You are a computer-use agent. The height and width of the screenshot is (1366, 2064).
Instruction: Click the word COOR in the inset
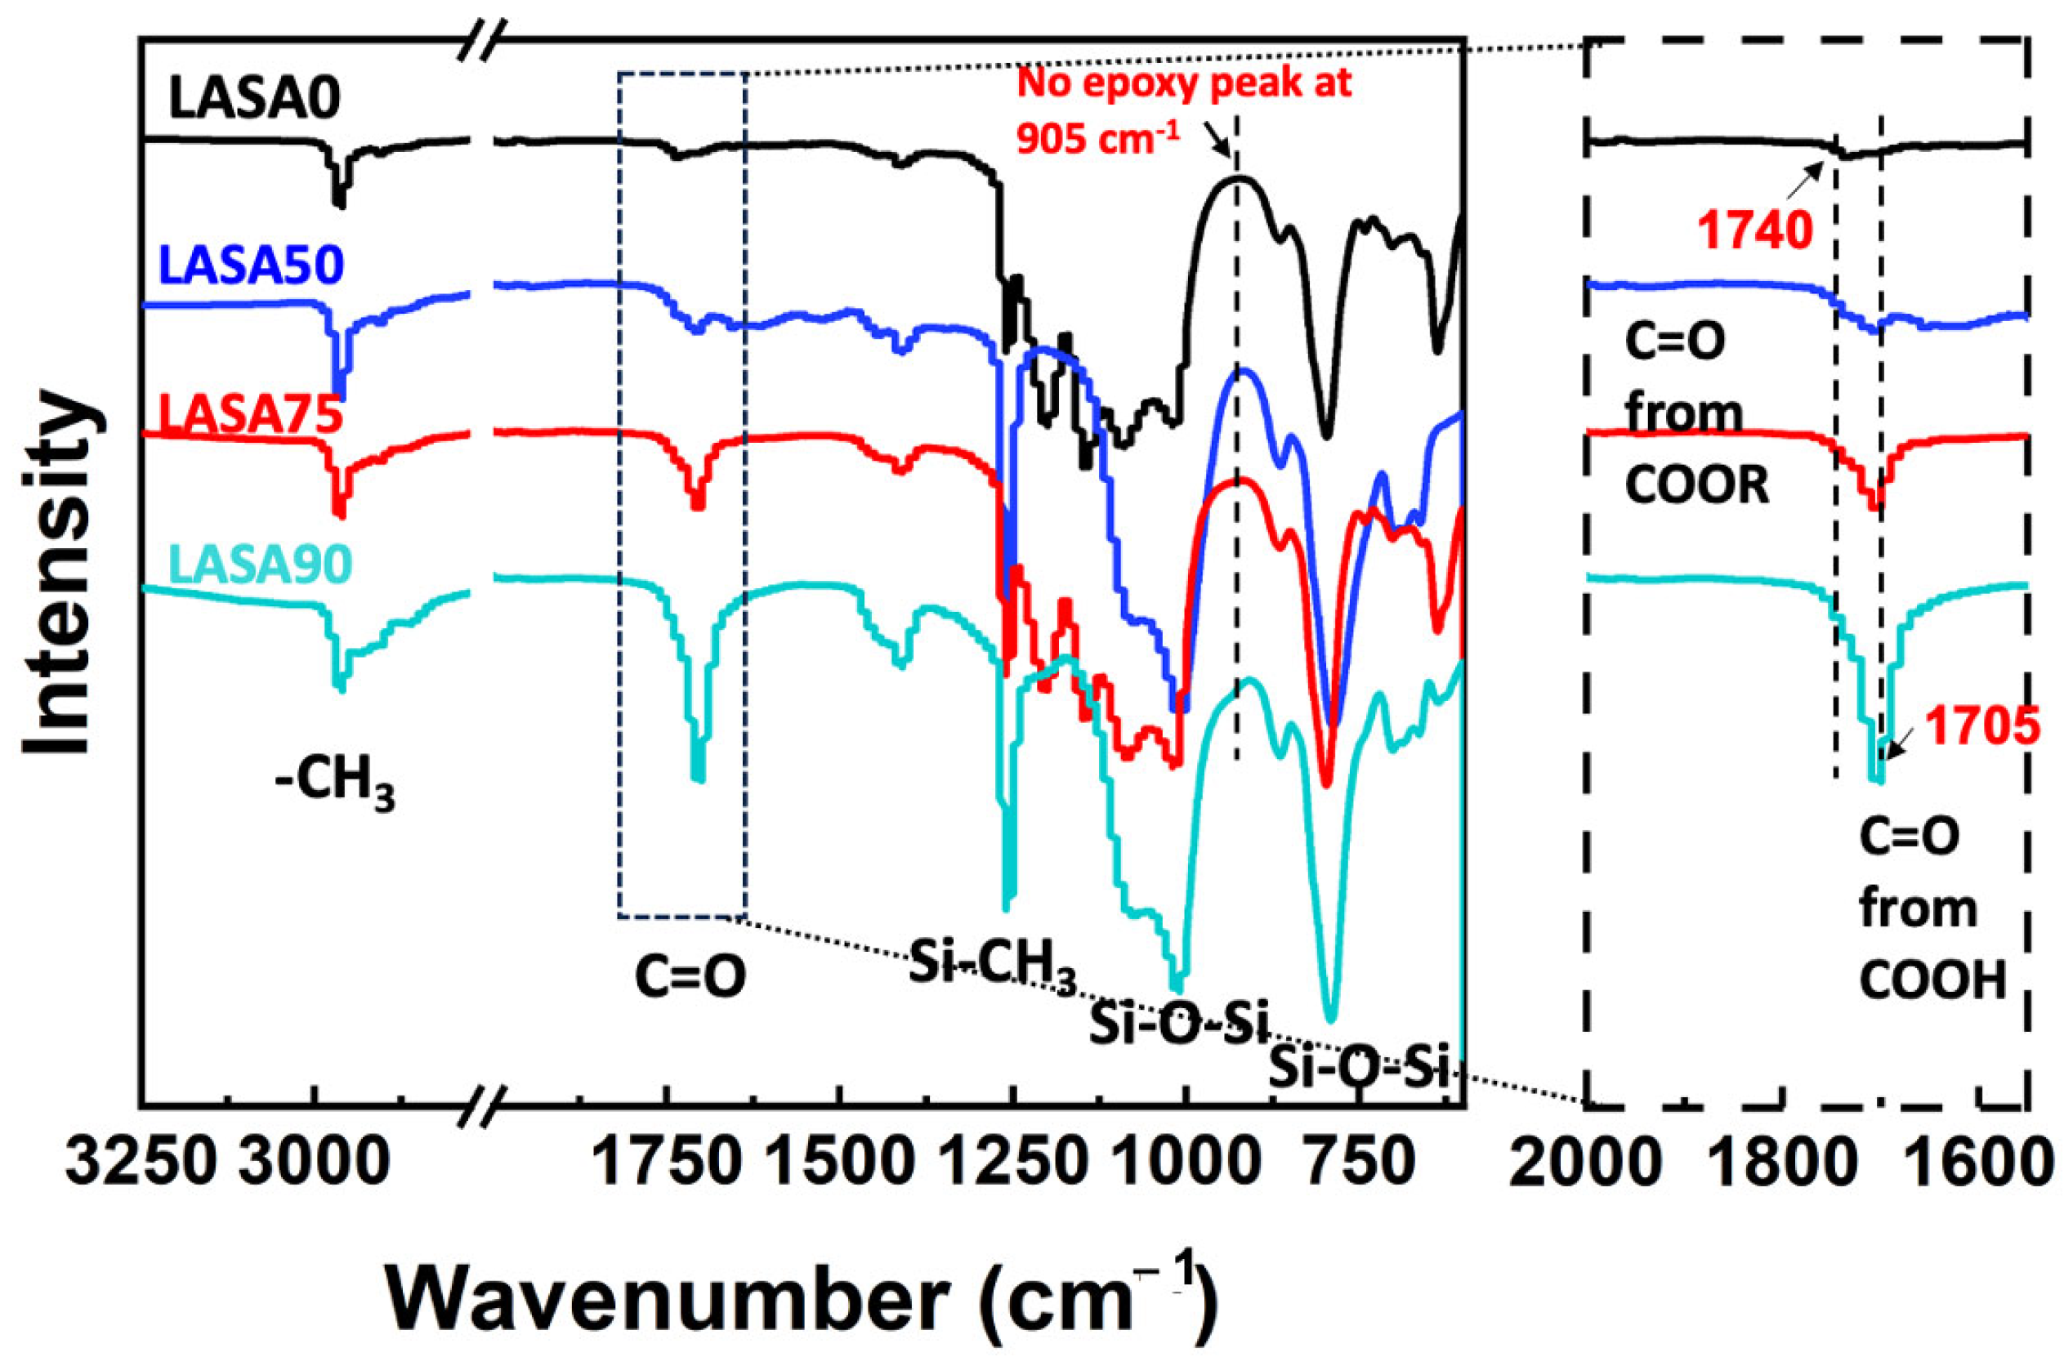coord(1697,486)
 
